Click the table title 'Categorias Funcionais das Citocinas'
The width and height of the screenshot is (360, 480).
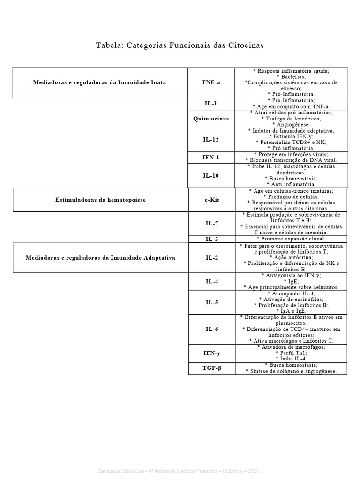pyautogui.click(x=180, y=45)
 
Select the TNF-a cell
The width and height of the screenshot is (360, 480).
pyautogui.click(x=211, y=82)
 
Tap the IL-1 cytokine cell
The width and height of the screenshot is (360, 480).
pyautogui.click(x=211, y=104)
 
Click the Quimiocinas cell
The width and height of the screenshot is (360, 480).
pyautogui.click(x=211, y=119)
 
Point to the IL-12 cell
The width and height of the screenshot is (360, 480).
pyautogui.click(x=211, y=140)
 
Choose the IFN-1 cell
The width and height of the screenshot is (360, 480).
pyautogui.click(x=211, y=157)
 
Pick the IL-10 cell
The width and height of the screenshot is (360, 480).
pyautogui.click(x=211, y=175)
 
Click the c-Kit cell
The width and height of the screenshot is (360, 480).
pyautogui.click(x=212, y=200)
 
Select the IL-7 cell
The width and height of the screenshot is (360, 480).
pyautogui.click(x=212, y=224)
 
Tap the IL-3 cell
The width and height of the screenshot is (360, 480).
pyautogui.click(x=212, y=239)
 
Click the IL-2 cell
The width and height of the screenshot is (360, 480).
pyautogui.click(x=212, y=258)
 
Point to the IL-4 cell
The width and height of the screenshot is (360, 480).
pyautogui.click(x=212, y=282)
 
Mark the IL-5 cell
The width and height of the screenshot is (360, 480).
pyautogui.click(x=212, y=302)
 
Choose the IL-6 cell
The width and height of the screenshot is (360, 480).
pyautogui.click(x=212, y=329)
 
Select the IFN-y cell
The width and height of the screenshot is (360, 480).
pyautogui.click(x=212, y=353)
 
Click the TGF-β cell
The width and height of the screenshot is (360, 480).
pyautogui.click(x=212, y=368)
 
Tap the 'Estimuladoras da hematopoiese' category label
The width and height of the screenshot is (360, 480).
pyautogui.click(x=101, y=200)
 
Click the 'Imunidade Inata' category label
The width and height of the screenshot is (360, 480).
pyautogui.click(x=99, y=82)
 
